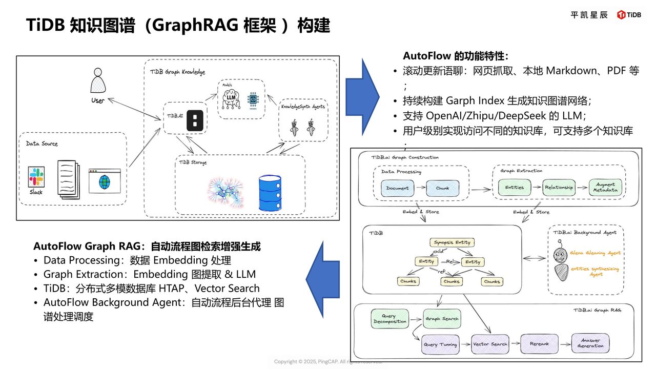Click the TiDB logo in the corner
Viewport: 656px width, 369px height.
629,15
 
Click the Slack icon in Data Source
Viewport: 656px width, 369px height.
36,177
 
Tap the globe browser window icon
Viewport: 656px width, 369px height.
105,181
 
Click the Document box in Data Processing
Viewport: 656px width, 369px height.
398,188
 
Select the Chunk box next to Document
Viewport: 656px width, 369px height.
442,188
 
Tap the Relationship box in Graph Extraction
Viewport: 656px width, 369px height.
559,188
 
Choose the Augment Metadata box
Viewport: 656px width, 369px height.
605,188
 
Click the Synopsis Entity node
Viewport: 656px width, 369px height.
452,242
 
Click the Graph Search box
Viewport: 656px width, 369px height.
442,318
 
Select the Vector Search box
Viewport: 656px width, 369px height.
490,344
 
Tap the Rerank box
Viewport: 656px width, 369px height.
539,344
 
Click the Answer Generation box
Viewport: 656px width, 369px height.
591,343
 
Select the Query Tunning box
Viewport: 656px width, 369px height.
441,344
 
